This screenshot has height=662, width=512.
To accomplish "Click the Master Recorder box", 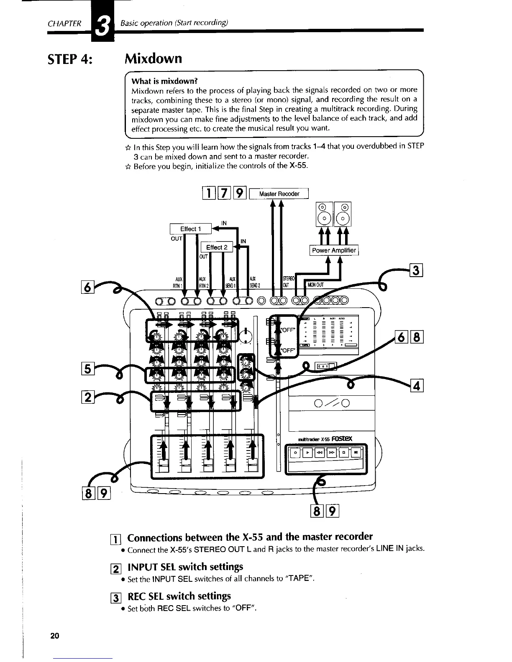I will pos(279,194).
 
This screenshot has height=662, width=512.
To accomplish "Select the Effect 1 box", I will pos(190,229).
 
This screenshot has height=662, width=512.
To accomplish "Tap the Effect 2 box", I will pos(217,247).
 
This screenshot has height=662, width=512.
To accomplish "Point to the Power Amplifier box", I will pos(334,250).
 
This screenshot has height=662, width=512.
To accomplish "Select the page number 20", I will pos(54,636).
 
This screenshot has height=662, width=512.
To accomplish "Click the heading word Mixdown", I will pos(154,58).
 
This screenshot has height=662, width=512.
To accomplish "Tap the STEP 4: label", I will pos(70,58).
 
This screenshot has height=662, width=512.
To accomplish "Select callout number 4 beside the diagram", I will pos(417,385).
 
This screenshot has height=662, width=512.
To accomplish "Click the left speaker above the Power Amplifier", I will pos(325,214).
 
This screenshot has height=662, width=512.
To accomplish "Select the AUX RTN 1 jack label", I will pos(177,283).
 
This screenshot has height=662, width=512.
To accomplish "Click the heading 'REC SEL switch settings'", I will pos(179,596).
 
